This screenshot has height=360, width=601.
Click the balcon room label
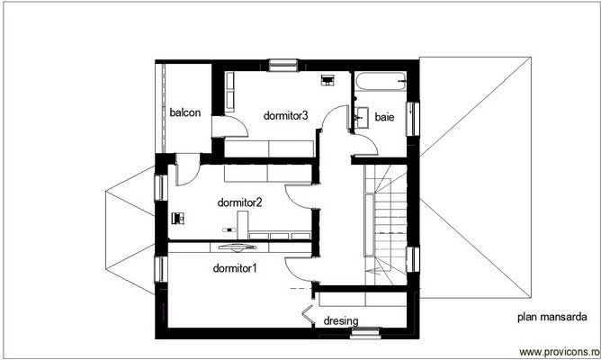(184, 112)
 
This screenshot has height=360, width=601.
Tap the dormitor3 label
(286, 115)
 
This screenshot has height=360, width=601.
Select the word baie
(384, 117)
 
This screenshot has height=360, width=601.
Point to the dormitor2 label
(240, 202)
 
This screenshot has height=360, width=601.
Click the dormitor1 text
(235, 268)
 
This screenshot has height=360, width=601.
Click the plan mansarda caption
(552, 317)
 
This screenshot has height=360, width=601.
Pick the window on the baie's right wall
(414, 117)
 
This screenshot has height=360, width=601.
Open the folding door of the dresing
(308, 317)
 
